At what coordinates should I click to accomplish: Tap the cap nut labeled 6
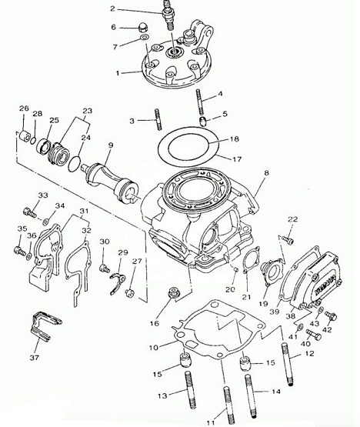point(143,28)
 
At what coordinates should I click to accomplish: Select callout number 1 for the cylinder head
point(118,73)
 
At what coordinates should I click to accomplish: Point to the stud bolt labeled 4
point(199,102)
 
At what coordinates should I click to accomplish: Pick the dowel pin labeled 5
point(204,121)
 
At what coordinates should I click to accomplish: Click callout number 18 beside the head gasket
point(234,139)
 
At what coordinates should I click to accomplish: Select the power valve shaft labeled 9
point(112,182)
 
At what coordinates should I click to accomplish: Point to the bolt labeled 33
point(30,212)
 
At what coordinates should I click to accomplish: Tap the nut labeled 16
point(173,293)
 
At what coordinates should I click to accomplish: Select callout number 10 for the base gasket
point(153,348)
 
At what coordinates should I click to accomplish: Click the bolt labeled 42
point(332,316)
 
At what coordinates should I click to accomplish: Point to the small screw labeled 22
point(288,239)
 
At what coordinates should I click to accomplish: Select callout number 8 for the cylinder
point(266,172)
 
